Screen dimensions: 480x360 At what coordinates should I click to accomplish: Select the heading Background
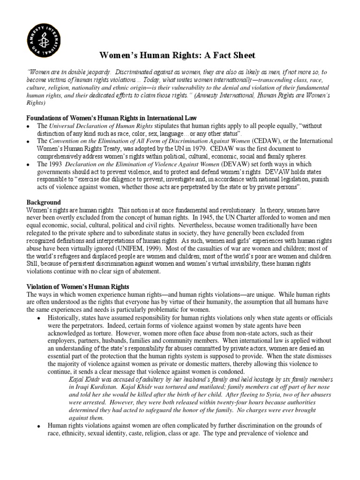[44, 202]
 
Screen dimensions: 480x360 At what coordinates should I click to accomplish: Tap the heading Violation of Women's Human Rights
[78, 286]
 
